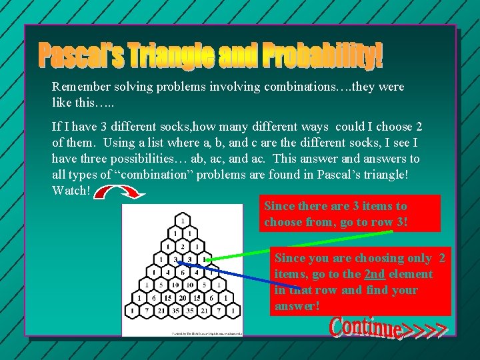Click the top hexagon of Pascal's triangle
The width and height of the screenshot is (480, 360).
pyautogui.click(x=181, y=219)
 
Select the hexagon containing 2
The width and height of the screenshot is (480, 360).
pyautogui.click(x=181, y=246)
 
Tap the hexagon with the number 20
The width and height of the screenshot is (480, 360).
pyautogui.click(x=181, y=298)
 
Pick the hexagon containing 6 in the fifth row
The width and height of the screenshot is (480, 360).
pyautogui.click(x=181, y=272)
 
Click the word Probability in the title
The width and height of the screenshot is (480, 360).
pyautogui.click(x=323, y=56)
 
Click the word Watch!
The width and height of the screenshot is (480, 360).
pyautogui.click(x=71, y=190)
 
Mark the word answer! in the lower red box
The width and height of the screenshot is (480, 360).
pyautogui.click(x=297, y=306)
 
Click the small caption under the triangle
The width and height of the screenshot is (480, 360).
pyautogui.click(x=181, y=331)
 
